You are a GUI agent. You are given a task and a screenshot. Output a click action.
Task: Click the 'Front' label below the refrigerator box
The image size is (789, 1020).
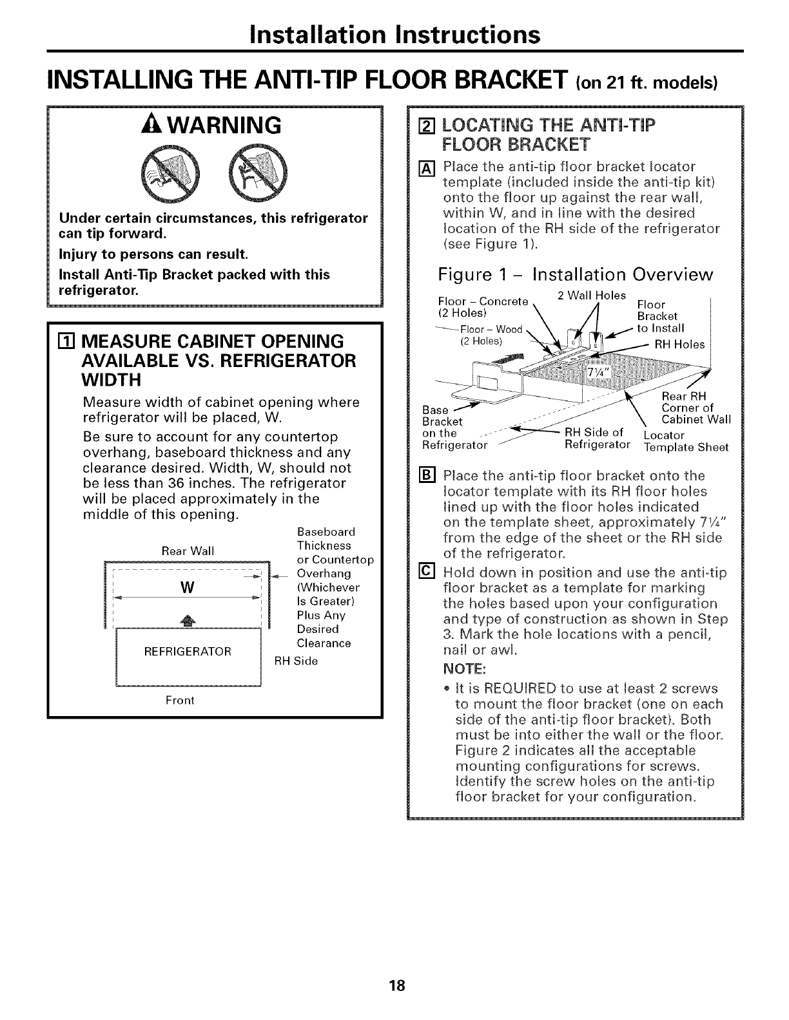pos(180,700)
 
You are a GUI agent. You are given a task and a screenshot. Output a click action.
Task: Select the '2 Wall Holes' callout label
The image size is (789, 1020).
pos(591,296)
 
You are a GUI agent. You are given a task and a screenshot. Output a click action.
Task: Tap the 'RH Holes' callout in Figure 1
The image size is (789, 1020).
pos(679,345)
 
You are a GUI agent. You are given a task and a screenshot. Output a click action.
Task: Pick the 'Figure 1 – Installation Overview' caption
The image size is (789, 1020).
pos(575,274)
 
